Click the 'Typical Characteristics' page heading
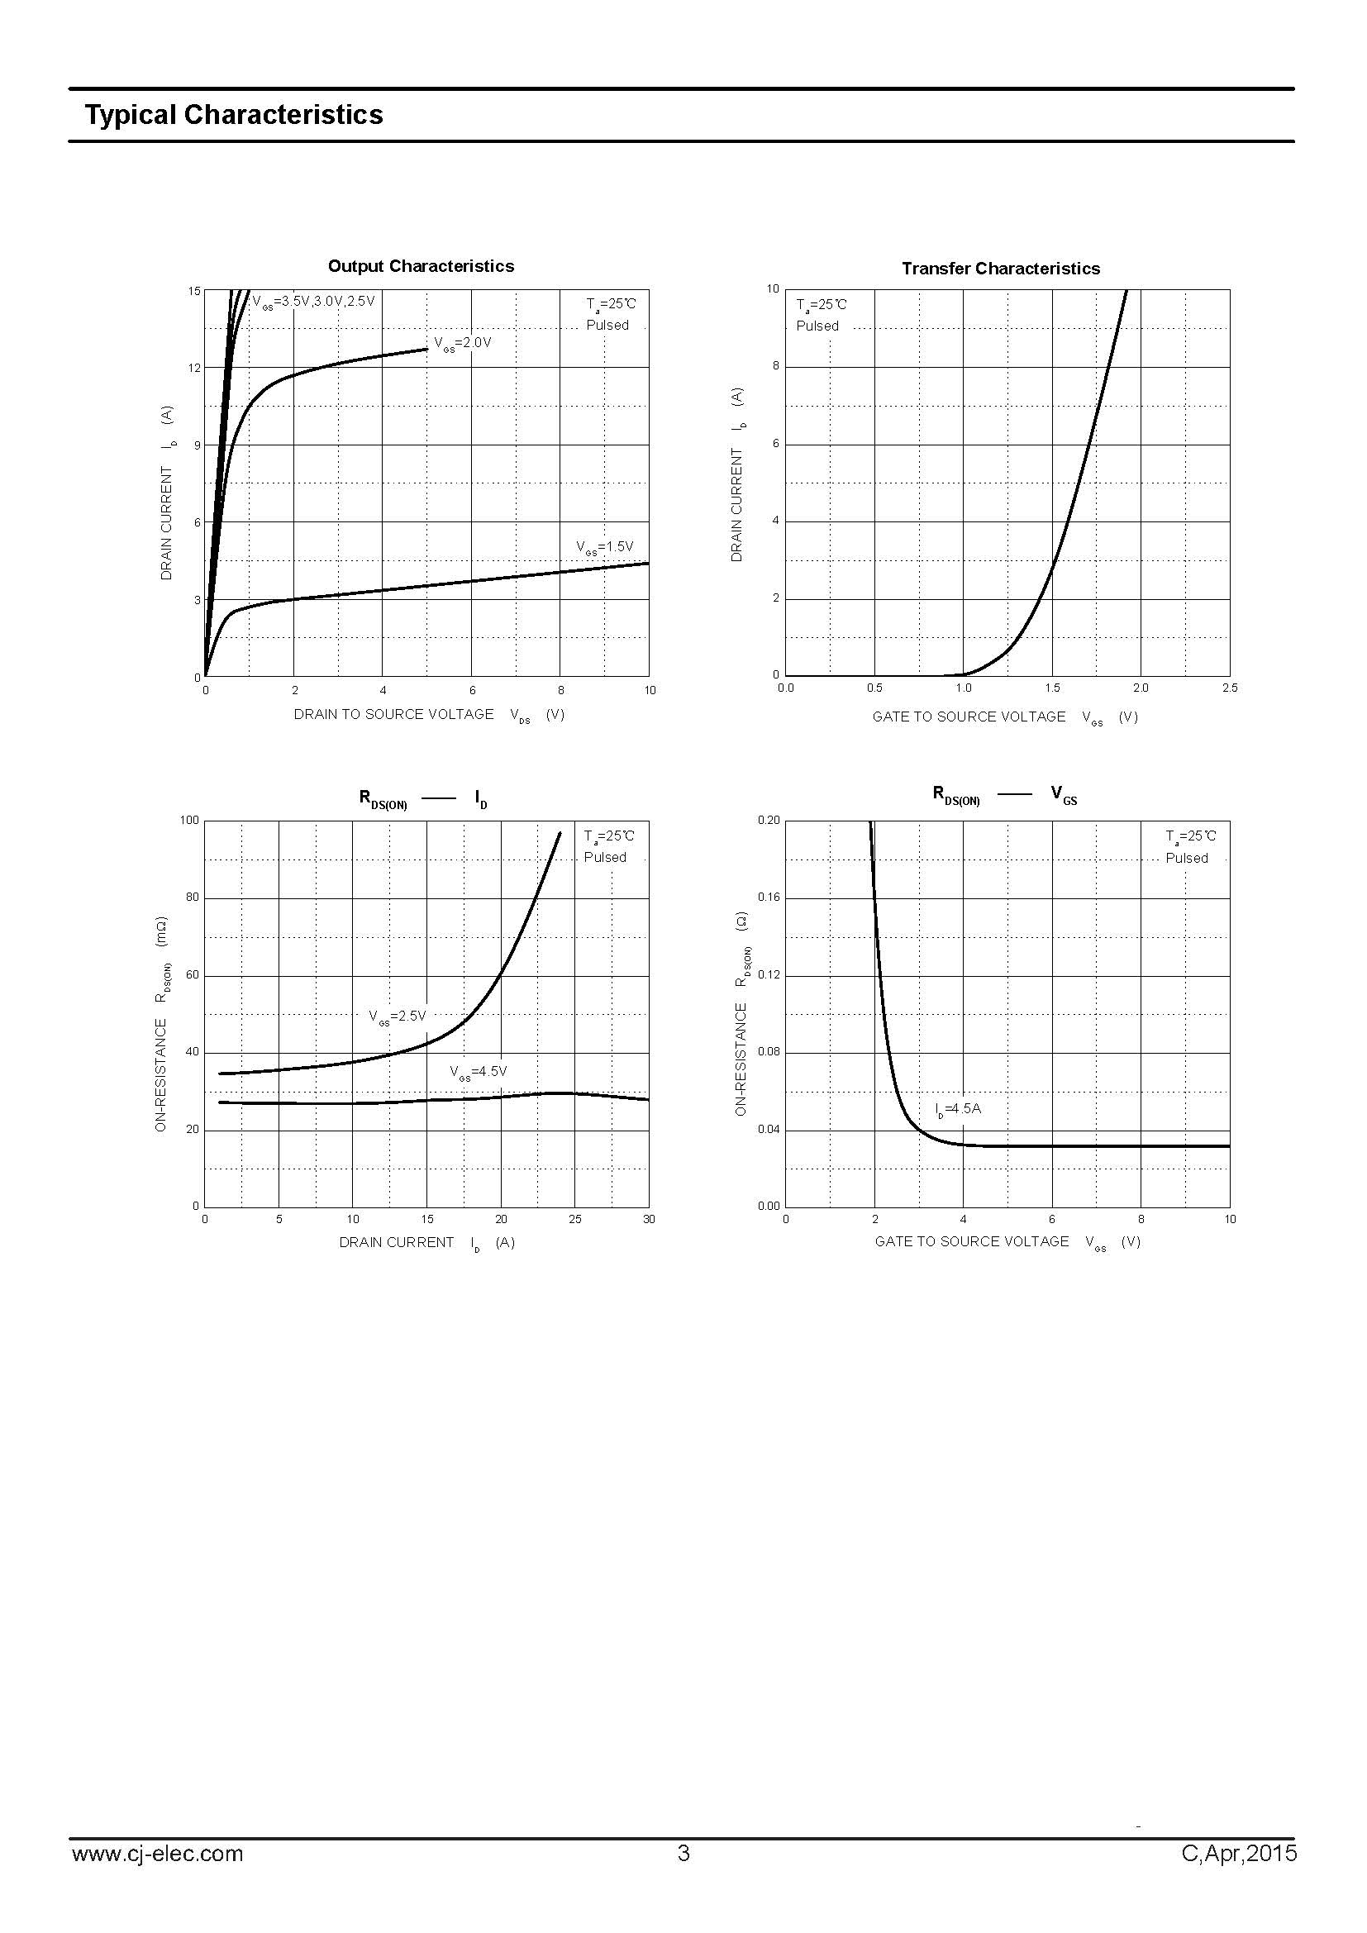click(x=233, y=116)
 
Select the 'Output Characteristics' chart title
click(x=421, y=266)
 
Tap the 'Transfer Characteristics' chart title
click(x=1000, y=269)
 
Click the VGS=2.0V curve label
click(x=462, y=344)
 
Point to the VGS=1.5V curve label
click(x=604, y=547)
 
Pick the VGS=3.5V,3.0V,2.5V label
click(x=313, y=301)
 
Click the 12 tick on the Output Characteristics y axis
click(x=195, y=368)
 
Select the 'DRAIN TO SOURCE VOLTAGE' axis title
click(x=393, y=714)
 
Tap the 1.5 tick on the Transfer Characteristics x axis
click(x=1052, y=688)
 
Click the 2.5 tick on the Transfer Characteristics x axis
click(x=1229, y=688)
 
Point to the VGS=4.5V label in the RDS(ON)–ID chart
click(x=478, y=1072)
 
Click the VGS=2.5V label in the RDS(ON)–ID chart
click(x=398, y=1016)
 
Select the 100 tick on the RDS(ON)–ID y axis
click(x=189, y=820)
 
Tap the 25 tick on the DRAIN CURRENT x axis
click(x=575, y=1219)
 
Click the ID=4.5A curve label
click(x=958, y=1109)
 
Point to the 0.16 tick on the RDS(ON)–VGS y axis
click(x=769, y=897)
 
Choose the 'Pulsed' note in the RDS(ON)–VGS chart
click(x=1186, y=858)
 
